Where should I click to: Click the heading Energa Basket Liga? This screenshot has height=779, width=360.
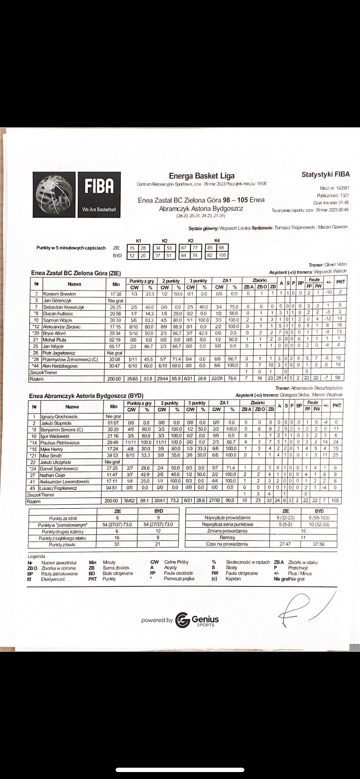pyautogui.click(x=201, y=176)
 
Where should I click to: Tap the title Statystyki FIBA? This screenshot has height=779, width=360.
pyautogui.click(x=325, y=175)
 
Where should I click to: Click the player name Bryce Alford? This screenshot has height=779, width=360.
pyautogui.click(x=54, y=332)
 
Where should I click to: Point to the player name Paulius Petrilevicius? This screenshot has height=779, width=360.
pyautogui.click(x=61, y=443)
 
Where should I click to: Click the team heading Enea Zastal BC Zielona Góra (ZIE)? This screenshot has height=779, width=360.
pyautogui.click(x=76, y=273)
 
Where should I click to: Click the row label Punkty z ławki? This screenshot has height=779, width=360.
pyautogui.click(x=64, y=545)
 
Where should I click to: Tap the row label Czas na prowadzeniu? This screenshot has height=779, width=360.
pyautogui.click(x=224, y=544)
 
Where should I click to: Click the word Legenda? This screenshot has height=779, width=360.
pyautogui.click(x=36, y=556)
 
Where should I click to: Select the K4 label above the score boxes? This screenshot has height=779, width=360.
pyautogui.click(x=217, y=240)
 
